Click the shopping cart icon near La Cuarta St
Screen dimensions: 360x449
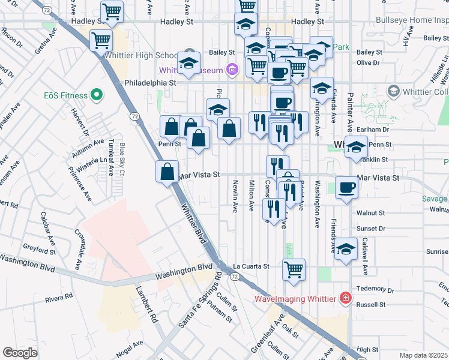point(294,269)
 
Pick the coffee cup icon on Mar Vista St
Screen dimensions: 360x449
point(346,187)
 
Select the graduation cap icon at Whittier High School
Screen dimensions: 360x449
point(188,63)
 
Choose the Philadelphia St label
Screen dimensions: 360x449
point(149,83)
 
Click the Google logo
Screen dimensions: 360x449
point(20,353)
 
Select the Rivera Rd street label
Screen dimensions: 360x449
point(58,296)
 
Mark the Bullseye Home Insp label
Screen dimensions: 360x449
point(412,20)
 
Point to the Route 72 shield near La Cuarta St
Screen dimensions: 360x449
point(235,276)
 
